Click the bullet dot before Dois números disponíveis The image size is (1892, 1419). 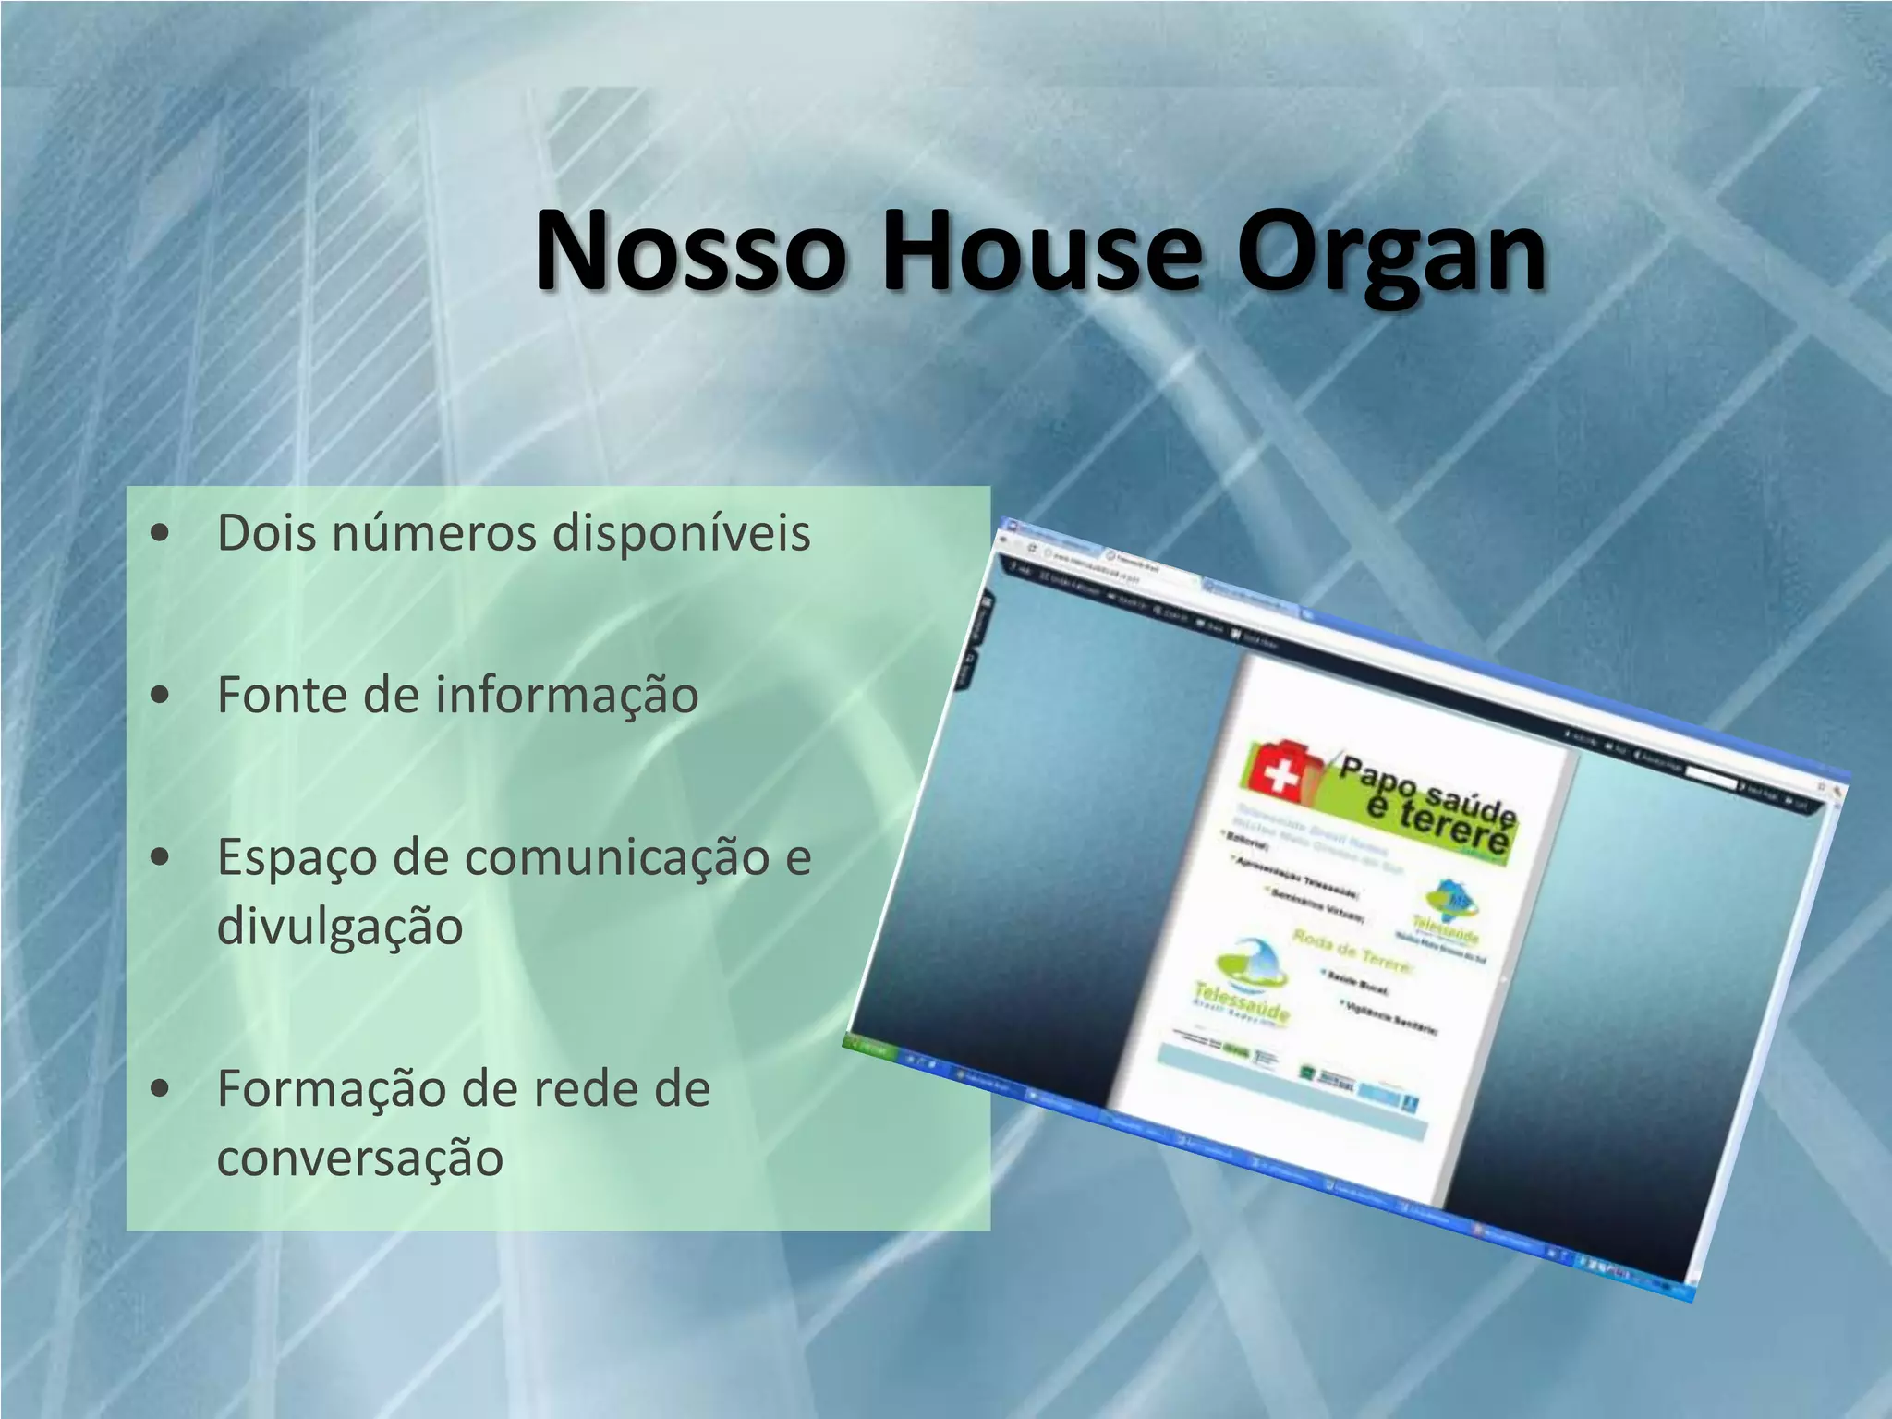[x=161, y=533]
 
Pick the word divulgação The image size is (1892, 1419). [x=339, y=928]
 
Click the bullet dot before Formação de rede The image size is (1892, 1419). [x=161, y=1088]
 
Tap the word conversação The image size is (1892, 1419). [x=359, y=1158]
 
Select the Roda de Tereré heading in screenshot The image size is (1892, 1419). [x=1351, y=952]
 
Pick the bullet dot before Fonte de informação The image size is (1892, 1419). [x=161, y=695]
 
